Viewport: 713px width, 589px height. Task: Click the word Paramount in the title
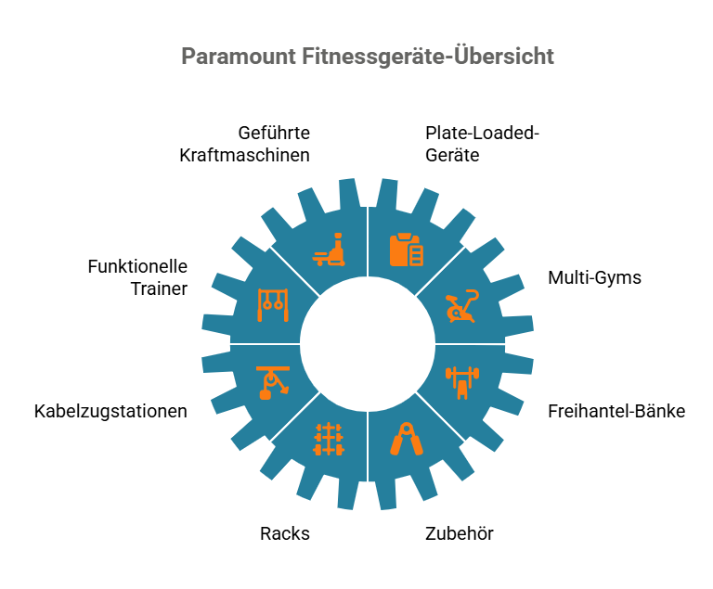(x=239, y=57)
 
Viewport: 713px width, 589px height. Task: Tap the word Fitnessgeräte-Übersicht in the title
(x=427, y=56)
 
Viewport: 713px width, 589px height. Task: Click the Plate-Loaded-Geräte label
(x=482, y=144)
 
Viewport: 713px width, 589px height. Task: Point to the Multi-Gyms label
(x=594, y=277)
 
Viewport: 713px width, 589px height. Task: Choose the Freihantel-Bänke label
(x=616, y=411)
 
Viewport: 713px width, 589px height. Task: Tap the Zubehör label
(x=460, y=533)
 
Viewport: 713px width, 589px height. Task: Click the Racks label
(x=285, y=533)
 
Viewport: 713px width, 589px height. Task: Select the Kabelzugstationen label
(x=110, y=411)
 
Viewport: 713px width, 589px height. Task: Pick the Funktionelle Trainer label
(x=137, y=277)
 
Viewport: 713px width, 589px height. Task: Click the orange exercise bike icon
(x=462, y=306)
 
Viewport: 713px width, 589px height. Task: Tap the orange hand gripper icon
(x=407, y=439)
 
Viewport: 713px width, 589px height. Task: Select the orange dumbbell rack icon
(x=329, y=439)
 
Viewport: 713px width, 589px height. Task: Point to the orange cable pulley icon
(x=273, y=383)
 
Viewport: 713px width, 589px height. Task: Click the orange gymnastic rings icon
(x=273, y=305)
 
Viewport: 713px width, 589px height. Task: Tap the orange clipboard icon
(x=407, y=250)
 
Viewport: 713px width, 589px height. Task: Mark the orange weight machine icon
(x=329, y=250)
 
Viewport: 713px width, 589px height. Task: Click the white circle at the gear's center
(x=368, y=344)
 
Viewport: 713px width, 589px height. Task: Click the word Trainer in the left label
(x=159, y=289)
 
